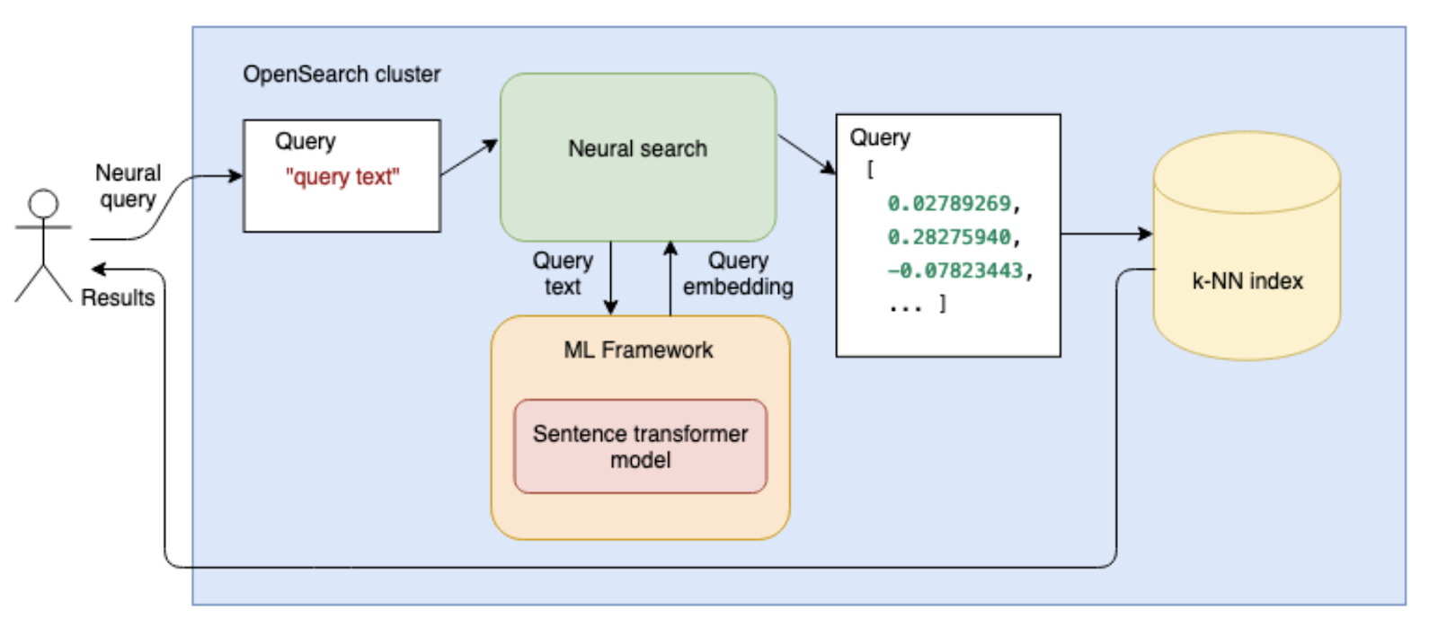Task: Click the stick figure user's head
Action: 44,204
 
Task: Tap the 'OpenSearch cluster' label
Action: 342,75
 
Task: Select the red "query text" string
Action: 342,176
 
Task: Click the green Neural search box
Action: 638,157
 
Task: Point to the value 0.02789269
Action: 949,203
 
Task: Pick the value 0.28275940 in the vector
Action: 949,236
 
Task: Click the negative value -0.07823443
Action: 954,270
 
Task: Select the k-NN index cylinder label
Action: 1247,281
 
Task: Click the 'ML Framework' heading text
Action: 638,349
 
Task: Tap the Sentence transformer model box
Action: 641,447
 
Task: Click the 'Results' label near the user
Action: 118,297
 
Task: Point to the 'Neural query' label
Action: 128,186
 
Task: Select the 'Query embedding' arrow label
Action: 738,273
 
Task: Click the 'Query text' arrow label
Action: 563,273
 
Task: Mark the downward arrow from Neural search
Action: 610,279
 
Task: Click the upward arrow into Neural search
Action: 670,279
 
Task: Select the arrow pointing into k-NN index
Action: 1106,234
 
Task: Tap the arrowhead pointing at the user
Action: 98,270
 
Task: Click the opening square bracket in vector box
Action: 870,169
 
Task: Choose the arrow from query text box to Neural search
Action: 469,157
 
